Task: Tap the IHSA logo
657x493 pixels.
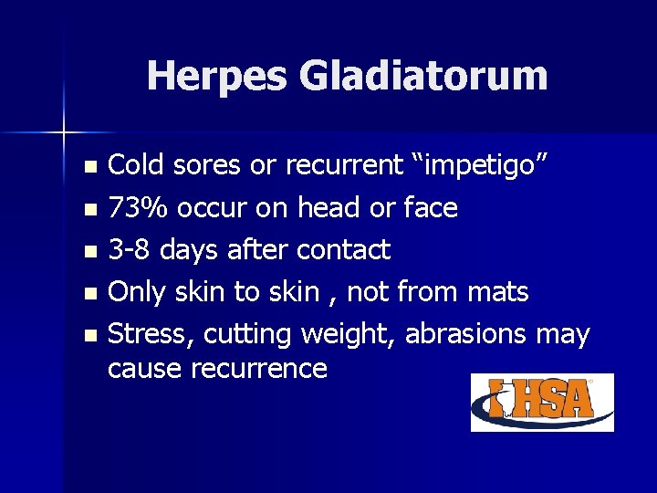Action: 542,402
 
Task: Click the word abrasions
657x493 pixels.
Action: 465,334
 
